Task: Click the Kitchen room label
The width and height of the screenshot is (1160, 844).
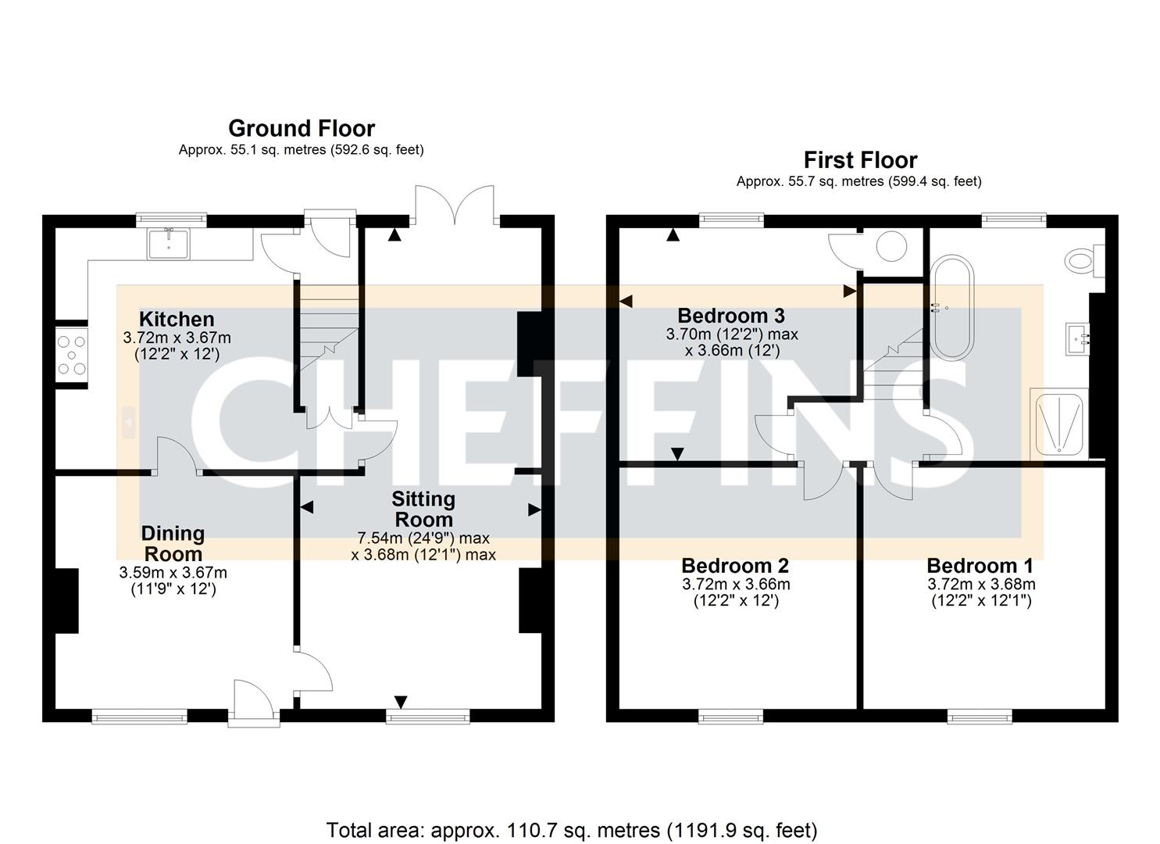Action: pyautogui.click(x=177, y=319)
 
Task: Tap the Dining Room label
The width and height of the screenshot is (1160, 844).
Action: pyautogui.click(x=173, y=543)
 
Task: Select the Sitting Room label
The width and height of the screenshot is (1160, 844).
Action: pyautogui.click(x=423, y=509)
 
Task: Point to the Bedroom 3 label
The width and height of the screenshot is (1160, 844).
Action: pyautogui.click(x=731, y=316)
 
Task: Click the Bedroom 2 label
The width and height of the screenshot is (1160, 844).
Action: pyautogui.click(x=735, y=565)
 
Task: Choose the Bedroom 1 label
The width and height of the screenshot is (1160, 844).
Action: pyautogui.click(x=980, y=565)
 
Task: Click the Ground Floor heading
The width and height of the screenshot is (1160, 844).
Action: pyautogui.click(x=302, y=128)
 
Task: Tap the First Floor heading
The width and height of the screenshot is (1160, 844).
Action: pyautogui.click(x=860, y=160)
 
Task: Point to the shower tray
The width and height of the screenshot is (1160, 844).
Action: pyautogui.click(x=1058, y=423)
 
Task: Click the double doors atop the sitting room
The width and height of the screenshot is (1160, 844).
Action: pyautogui.click(x=455, y=205)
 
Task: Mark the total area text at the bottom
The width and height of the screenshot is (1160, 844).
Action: pyautogui.click(x=571, y=829)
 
